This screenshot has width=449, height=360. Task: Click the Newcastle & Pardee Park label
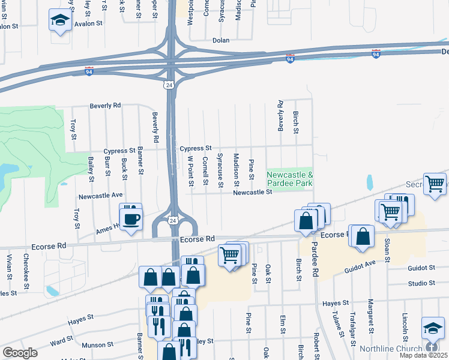pos(290,179)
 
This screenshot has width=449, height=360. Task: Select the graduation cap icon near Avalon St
pos(60,22)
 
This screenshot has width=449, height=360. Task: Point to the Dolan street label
pos(221,41)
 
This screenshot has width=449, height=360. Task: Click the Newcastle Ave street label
pos(101,196)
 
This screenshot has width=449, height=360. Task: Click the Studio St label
pos(420,283)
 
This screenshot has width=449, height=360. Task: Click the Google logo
pos(20,352)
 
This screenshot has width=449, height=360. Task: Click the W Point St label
pos(190,170)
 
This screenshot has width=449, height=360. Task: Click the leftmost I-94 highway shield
pos(89,71)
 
